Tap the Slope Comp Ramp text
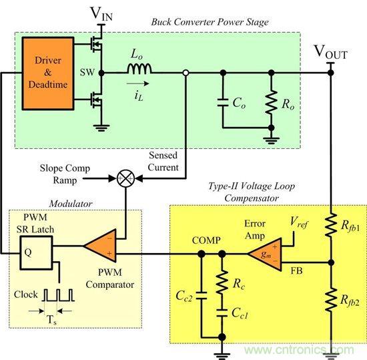67,174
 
